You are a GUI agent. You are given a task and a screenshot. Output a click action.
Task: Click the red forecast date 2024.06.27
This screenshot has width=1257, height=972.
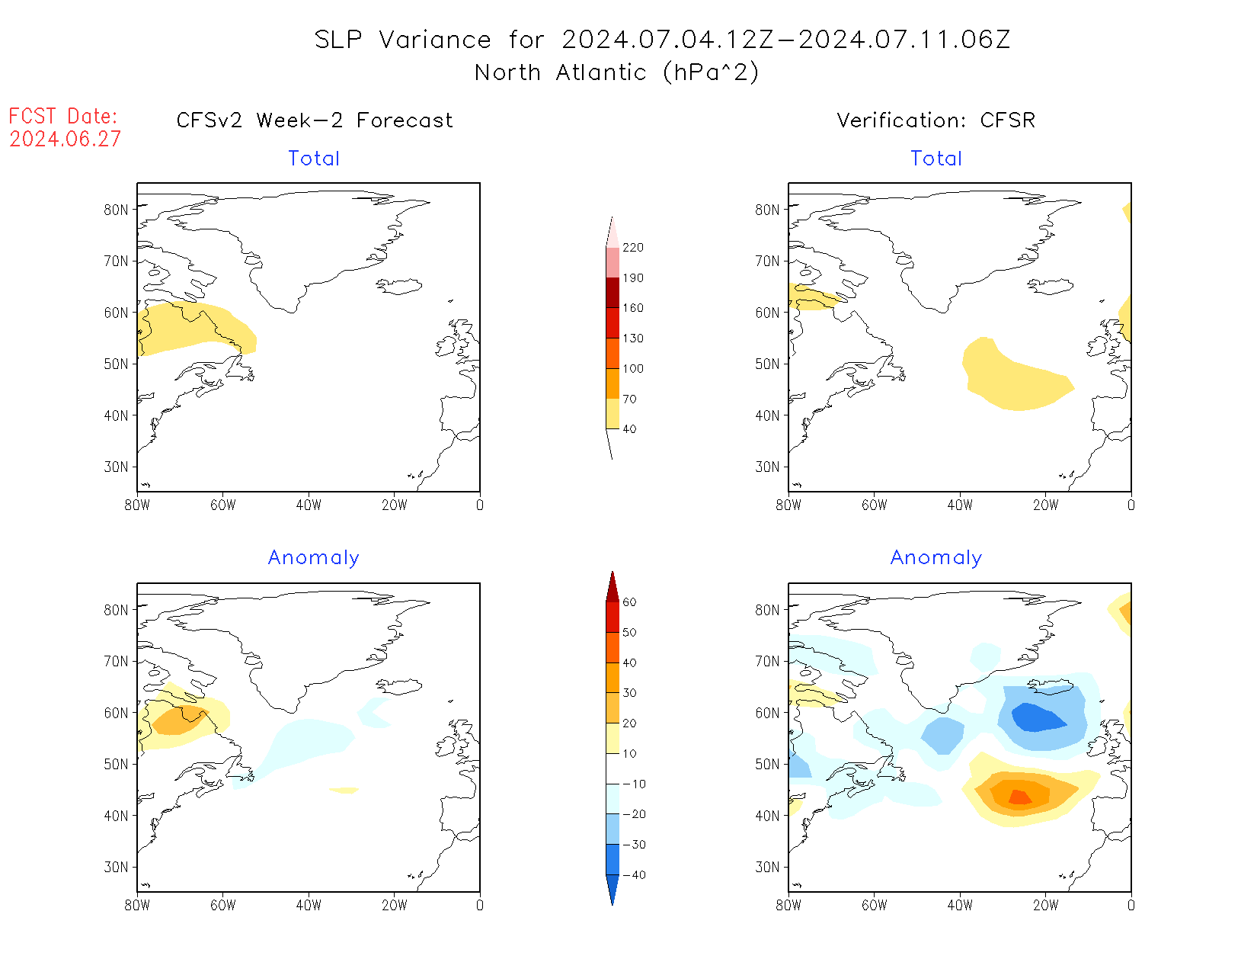click(x=65, y=140)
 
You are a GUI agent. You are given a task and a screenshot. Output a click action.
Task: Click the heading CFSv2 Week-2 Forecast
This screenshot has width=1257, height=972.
click(x=314, y=120)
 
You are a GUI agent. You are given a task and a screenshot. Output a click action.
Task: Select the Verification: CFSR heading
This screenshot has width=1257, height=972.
click(x=936, y=120)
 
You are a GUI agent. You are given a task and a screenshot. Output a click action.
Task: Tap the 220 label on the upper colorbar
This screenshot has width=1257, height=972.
click(x=632, y=248)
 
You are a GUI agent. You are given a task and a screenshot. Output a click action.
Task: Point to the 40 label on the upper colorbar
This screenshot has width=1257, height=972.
click(x=629, y=429)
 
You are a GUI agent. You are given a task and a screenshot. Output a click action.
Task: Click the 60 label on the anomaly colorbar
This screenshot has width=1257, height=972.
click(x=629, y=602)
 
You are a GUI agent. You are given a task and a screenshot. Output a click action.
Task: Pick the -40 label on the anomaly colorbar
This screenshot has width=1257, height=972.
click(x=633, y=875)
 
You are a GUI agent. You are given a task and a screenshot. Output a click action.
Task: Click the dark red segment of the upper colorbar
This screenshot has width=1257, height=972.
click(x=613, y=293)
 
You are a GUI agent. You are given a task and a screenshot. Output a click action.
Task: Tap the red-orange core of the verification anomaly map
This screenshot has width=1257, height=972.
click(x=1019, y=797)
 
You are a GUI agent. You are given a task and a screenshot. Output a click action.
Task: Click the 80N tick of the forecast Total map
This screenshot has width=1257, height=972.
click(x=116, y=210)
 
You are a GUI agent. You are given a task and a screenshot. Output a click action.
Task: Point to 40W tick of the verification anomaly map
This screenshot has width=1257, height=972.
click(x=960, y=906)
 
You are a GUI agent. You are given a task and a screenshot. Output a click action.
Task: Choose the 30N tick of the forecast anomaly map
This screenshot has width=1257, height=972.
click(x=116, y=868)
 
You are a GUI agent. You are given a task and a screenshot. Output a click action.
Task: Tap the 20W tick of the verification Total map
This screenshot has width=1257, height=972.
click(x=1045, y=505)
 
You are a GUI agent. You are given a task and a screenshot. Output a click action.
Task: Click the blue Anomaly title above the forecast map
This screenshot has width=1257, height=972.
click(x=313, y=558)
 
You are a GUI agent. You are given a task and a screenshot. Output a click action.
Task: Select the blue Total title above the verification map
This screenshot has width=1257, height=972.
click(x=936, y=159)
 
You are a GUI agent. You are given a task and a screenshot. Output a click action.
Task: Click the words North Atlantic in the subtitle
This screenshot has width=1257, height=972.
click(x=560, y=72)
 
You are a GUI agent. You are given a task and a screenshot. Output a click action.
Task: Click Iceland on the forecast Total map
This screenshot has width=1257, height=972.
click(x=399, y=287)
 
